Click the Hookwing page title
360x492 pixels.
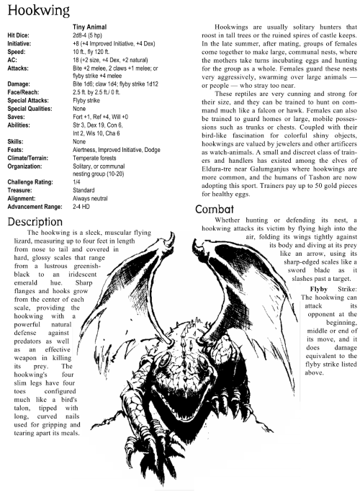coord(34,10)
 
